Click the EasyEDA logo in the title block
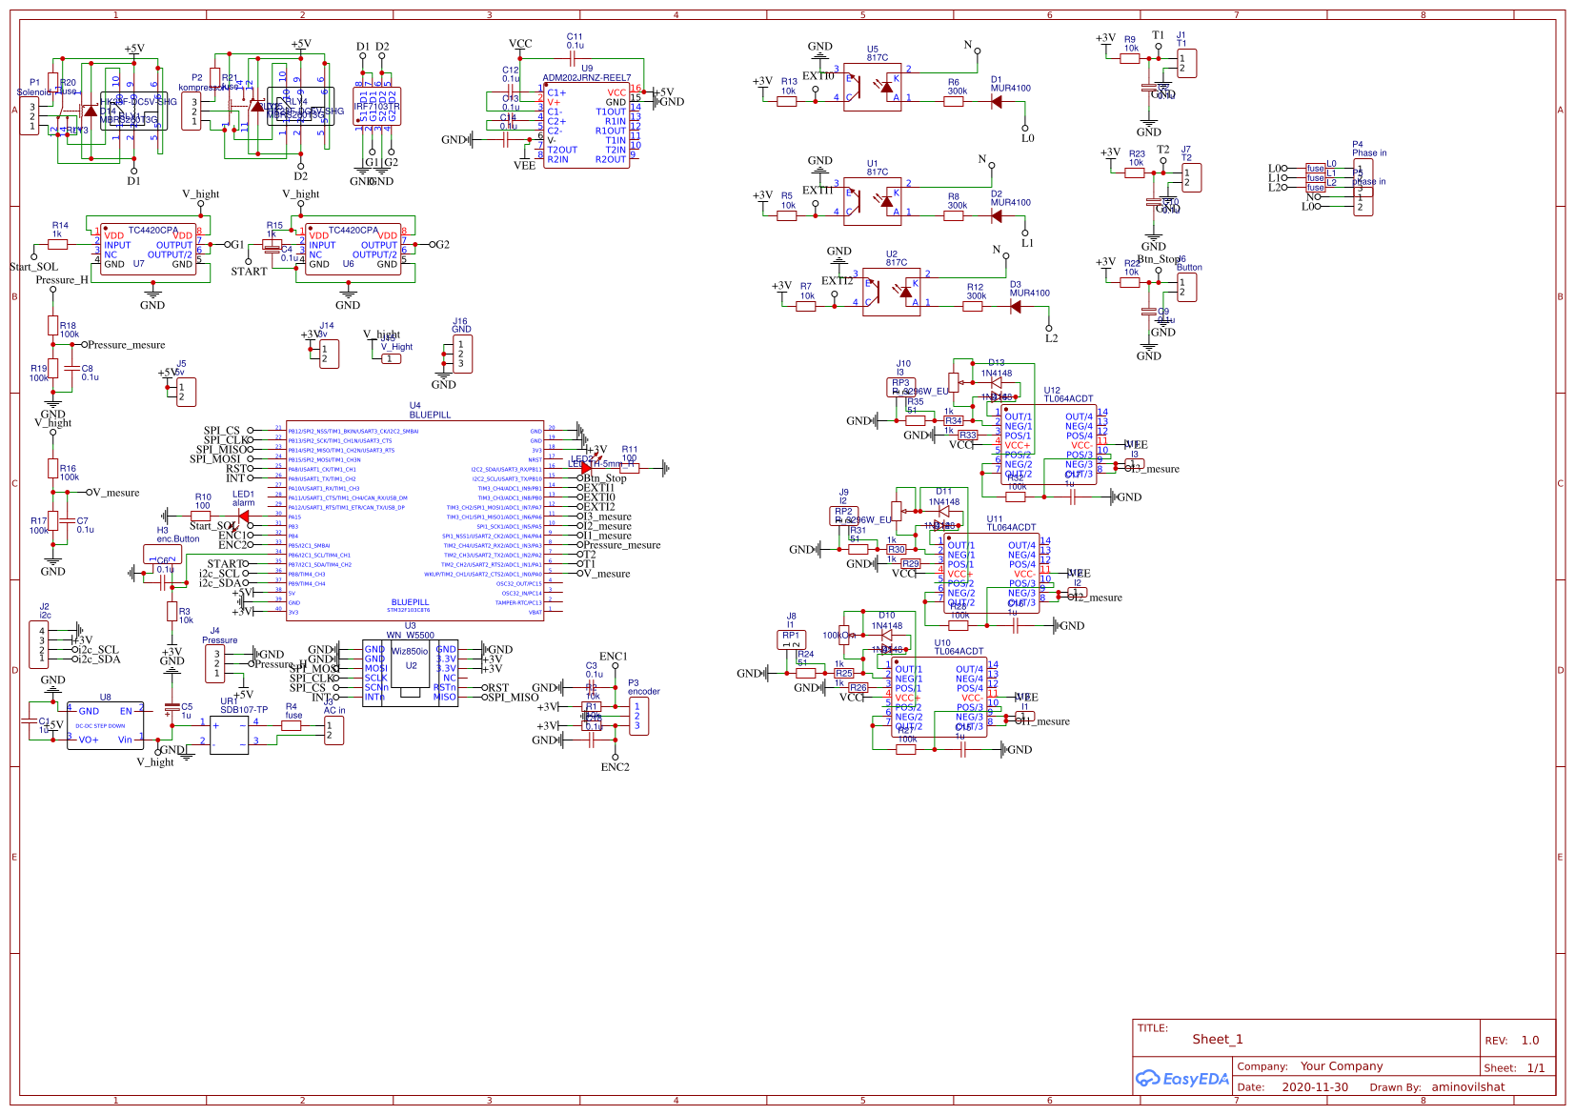[x=1182, y=1079]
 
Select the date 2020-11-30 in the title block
[x=1314, y=1087]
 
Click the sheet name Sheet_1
[x=1217, y=1040]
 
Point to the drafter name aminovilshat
[x=1467, y=1087]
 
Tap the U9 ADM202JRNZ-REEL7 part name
[x=586, y=78]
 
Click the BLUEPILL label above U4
[x=430, y=416]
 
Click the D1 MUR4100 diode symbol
[x=996, y=102]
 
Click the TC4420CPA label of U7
[x=152, y=231]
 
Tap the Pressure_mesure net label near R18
[x=126, y=345]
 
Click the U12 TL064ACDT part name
[x=1068, y=399]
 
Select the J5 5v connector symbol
[x=186, y=392]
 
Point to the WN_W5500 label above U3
[x=410, y=636]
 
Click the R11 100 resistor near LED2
[x=629, y=467]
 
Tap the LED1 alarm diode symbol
[x=243, y=517]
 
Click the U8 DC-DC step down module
[x=105, y=725]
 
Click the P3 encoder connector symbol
[x=637, y=717]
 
